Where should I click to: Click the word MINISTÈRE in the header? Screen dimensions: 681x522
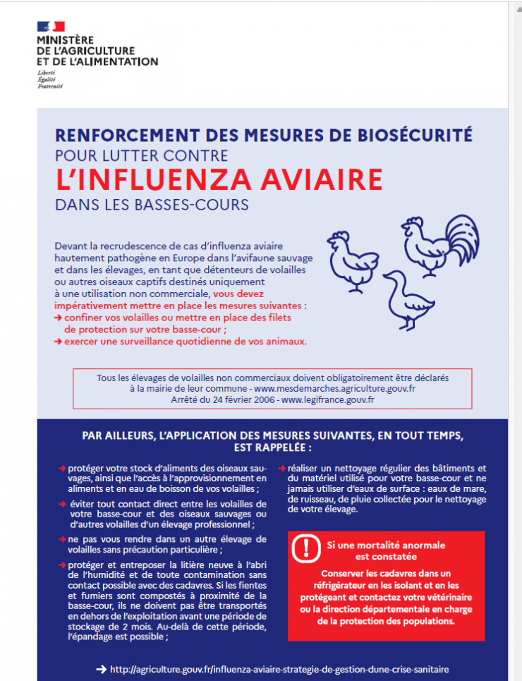pos(65,40)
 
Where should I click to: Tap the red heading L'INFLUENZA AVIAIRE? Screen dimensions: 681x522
pos(219,179)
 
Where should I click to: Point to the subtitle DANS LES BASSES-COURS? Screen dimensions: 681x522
pos(152,205)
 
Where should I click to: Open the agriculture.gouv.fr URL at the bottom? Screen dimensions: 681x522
pos(279,669)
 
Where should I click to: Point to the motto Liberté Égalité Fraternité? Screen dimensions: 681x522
pos(50,80)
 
